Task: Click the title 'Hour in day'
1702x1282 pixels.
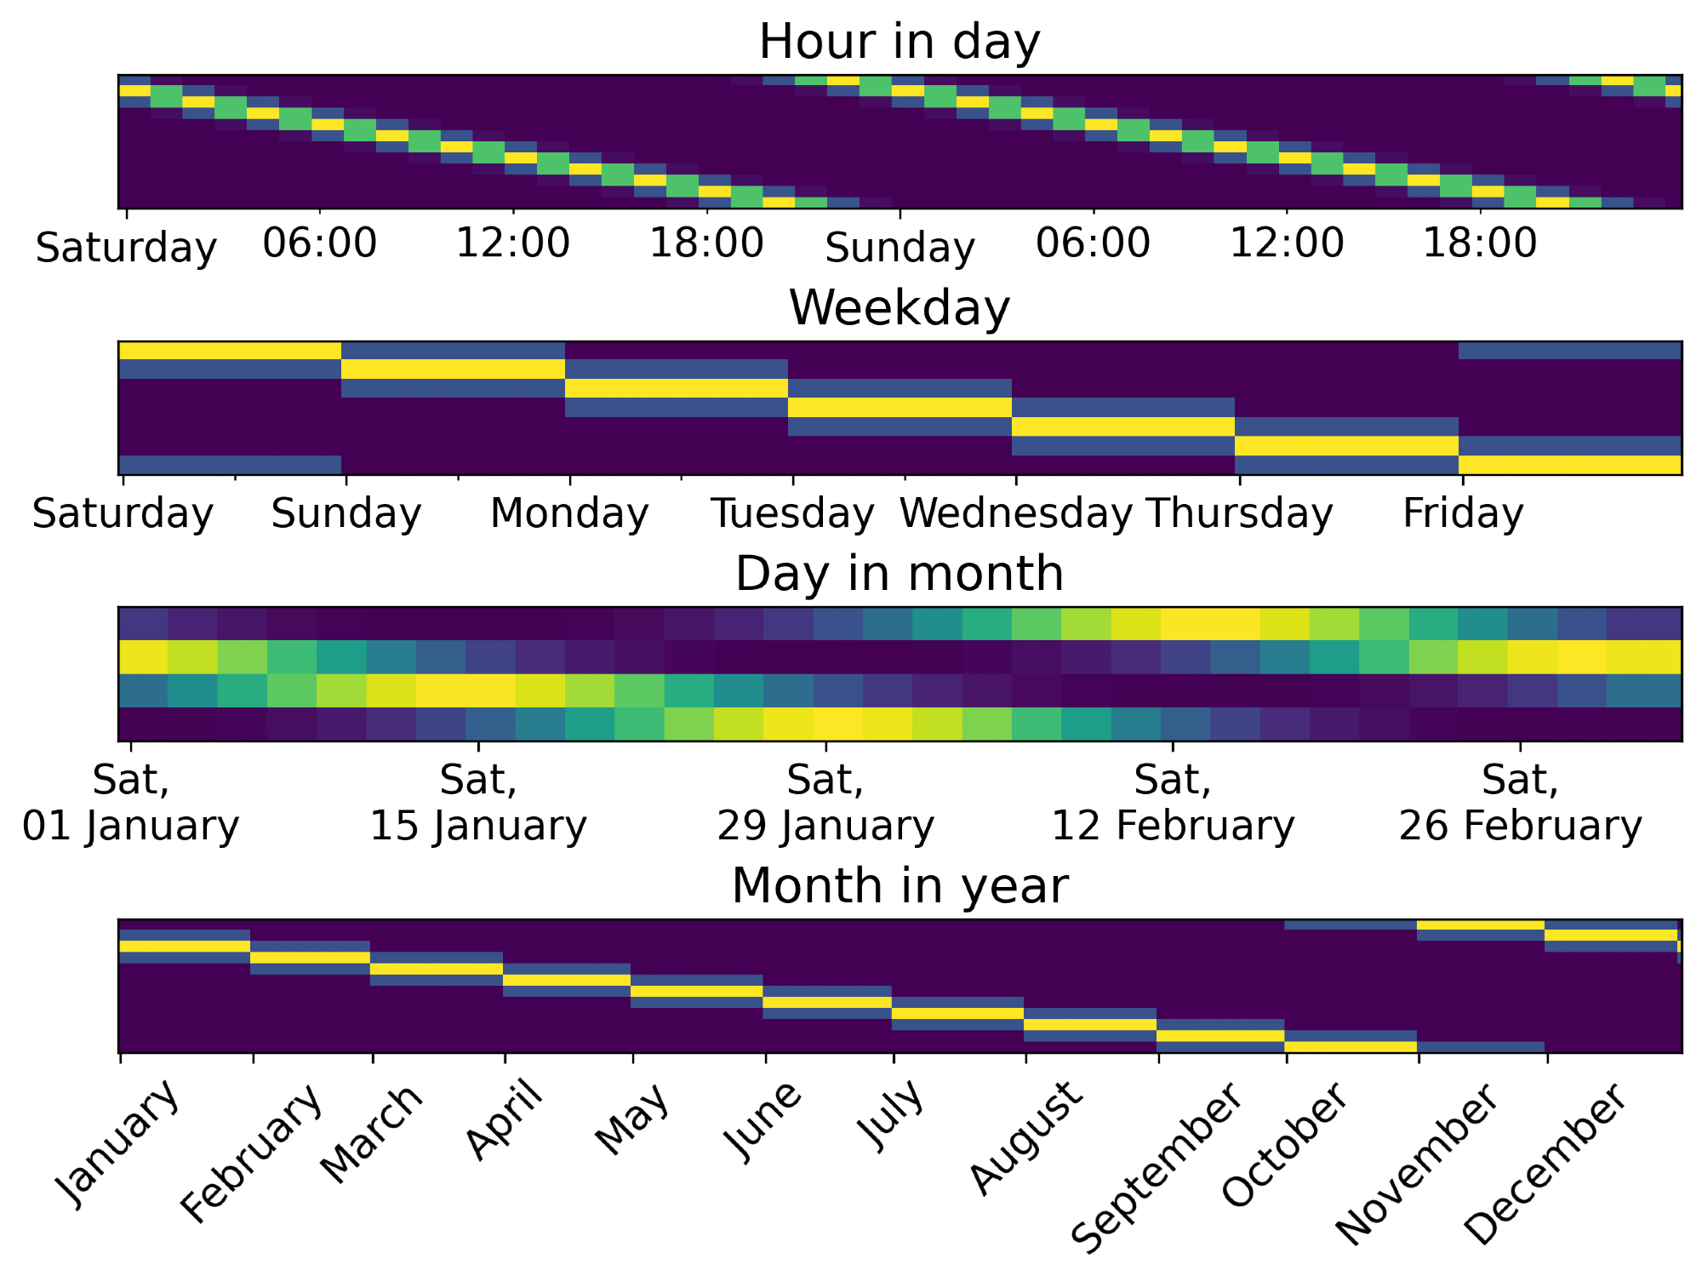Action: [x=899, y=42]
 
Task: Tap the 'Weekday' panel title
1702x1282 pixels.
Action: [x=899, y=307]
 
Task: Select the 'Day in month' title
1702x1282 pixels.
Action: [x=899, y=573]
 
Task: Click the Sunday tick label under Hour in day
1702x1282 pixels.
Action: [x=900, y=248]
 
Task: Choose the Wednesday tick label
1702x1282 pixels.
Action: [x=1015, y=513]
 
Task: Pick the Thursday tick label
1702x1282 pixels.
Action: [x=1239, y=513]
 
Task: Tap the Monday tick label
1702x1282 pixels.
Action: [x=569, y=513]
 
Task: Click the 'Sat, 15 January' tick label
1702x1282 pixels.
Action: [x=478, y=803]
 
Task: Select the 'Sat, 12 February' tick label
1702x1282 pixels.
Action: [x=1173, y=803]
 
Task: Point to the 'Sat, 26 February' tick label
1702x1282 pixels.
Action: [x=1520, y=803]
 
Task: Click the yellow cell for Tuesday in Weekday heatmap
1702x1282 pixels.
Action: [x=900, y=407]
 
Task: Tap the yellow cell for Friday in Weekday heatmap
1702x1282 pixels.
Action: [x=1569, y=465]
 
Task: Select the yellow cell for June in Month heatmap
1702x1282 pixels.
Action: [x=826, y=1002]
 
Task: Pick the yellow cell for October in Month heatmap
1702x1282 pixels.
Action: [x=1351, y=1046]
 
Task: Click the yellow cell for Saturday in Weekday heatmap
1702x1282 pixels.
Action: [x=230, y=350]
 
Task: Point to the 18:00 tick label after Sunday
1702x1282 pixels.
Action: [x=1480, y=243]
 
